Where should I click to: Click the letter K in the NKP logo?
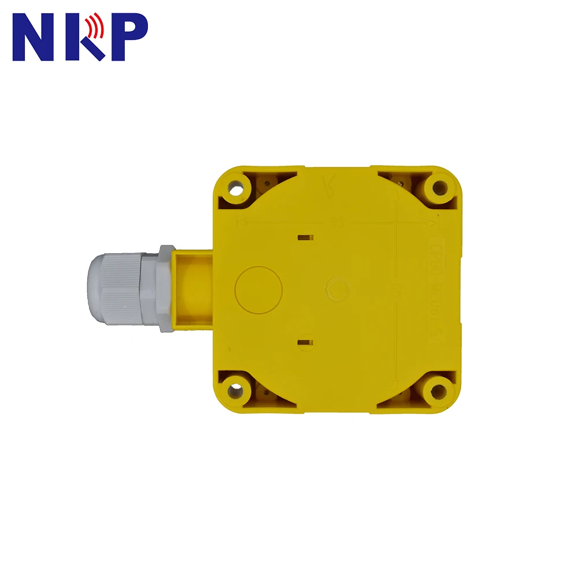pos(83,38)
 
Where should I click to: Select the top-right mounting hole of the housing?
pos(440,187)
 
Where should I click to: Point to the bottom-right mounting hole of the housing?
pos(439,391)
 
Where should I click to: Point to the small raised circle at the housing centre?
pos(337,287)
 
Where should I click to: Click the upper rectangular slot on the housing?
pos(305,237)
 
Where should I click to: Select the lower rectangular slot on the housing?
pos(305,343)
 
